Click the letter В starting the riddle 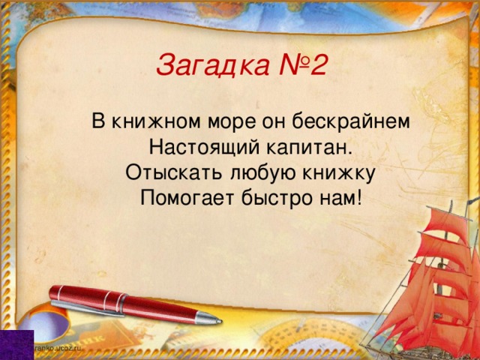(x=98, y=121)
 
